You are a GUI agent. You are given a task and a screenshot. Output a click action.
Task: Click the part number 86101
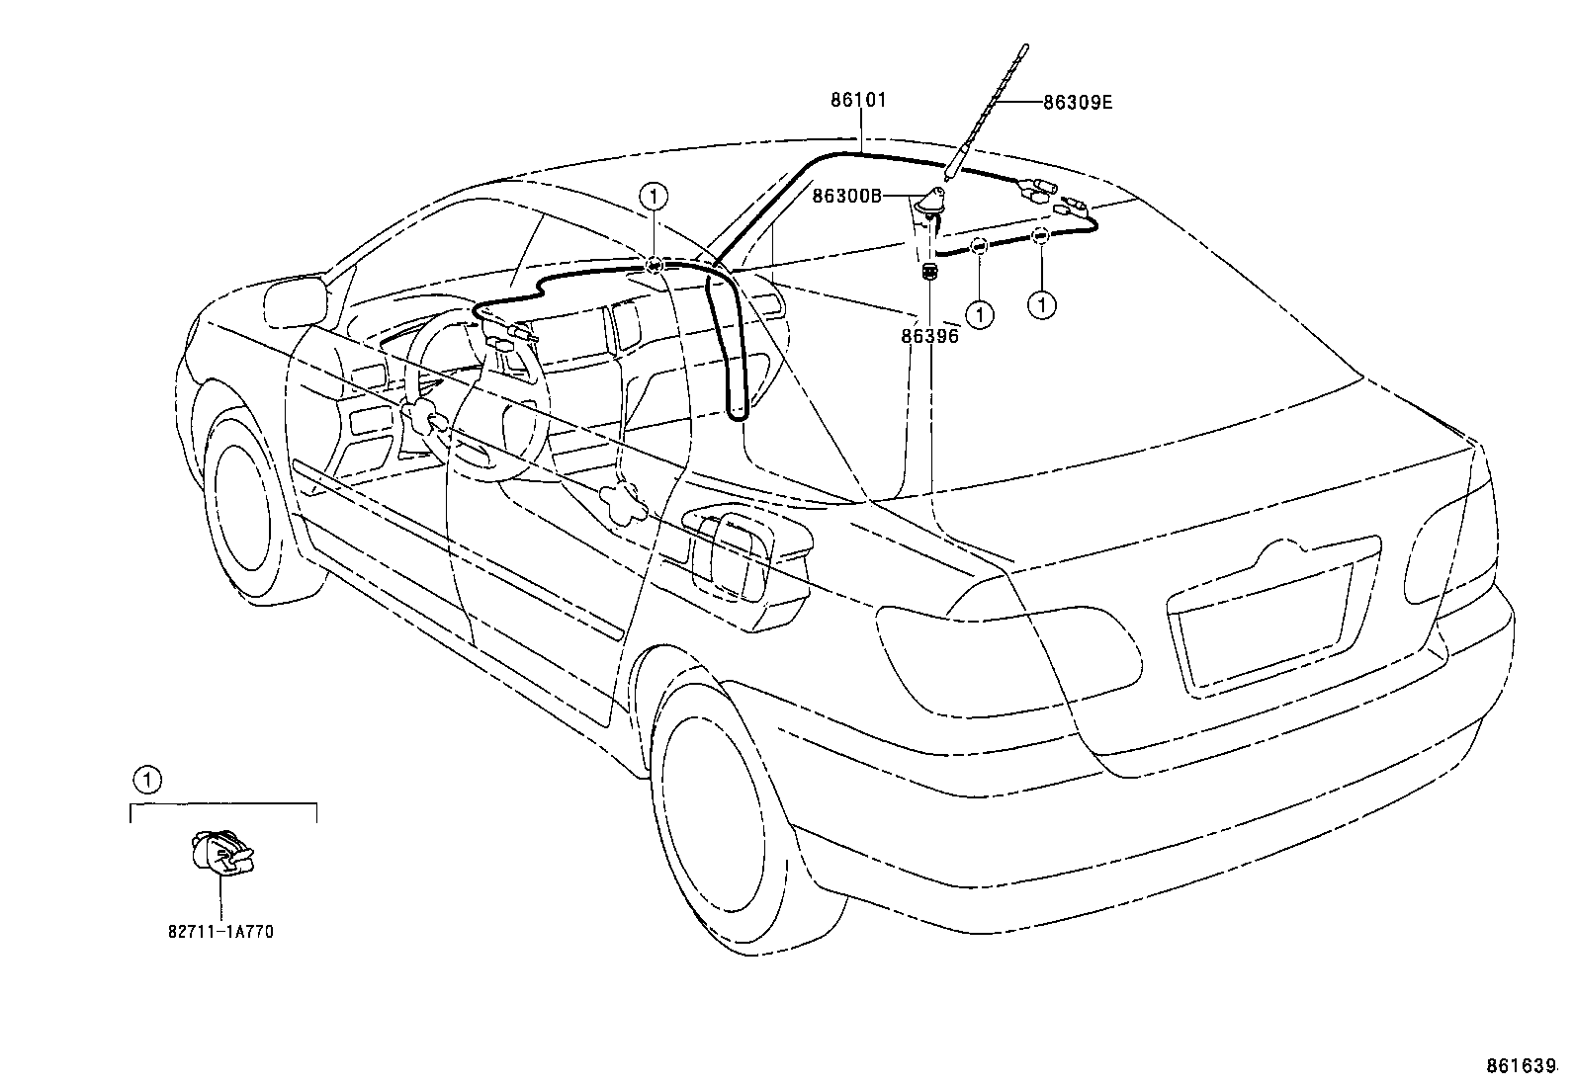coord(858,100)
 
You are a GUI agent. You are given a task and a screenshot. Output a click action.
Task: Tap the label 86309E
coord(1078,103)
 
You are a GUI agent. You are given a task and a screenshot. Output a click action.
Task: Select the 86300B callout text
coord(846,196)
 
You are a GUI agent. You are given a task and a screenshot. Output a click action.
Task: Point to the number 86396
coord(929,337)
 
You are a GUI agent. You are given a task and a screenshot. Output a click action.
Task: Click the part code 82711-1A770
coord(220,932)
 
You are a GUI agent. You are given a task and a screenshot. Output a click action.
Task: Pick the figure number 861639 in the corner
coord(1530,1065)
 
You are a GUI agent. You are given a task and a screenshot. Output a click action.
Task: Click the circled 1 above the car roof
coord(654,197)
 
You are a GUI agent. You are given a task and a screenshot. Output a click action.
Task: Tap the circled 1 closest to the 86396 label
coord(980,314)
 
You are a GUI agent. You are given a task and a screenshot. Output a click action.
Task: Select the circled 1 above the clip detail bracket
coord(147,780)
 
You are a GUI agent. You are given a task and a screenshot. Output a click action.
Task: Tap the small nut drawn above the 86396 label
coord(929,271)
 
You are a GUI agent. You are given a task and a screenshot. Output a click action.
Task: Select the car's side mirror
coord(296,300)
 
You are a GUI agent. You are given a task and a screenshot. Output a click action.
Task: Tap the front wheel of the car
coord(253,501)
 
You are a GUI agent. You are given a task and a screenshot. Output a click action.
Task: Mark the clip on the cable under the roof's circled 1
coord(655,264)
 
